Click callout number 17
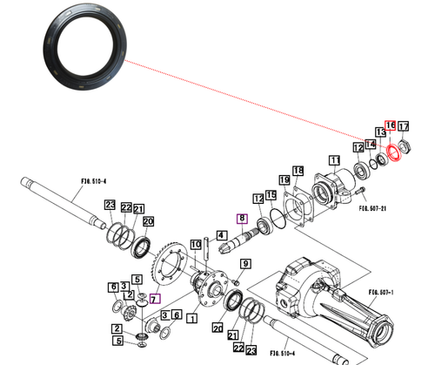(404, 126)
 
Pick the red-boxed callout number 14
(371, 144)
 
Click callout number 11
(333, 160)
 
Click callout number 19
(271, 195)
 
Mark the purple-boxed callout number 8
(242, 219)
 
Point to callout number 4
(222, 234)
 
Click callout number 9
(244, 265)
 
